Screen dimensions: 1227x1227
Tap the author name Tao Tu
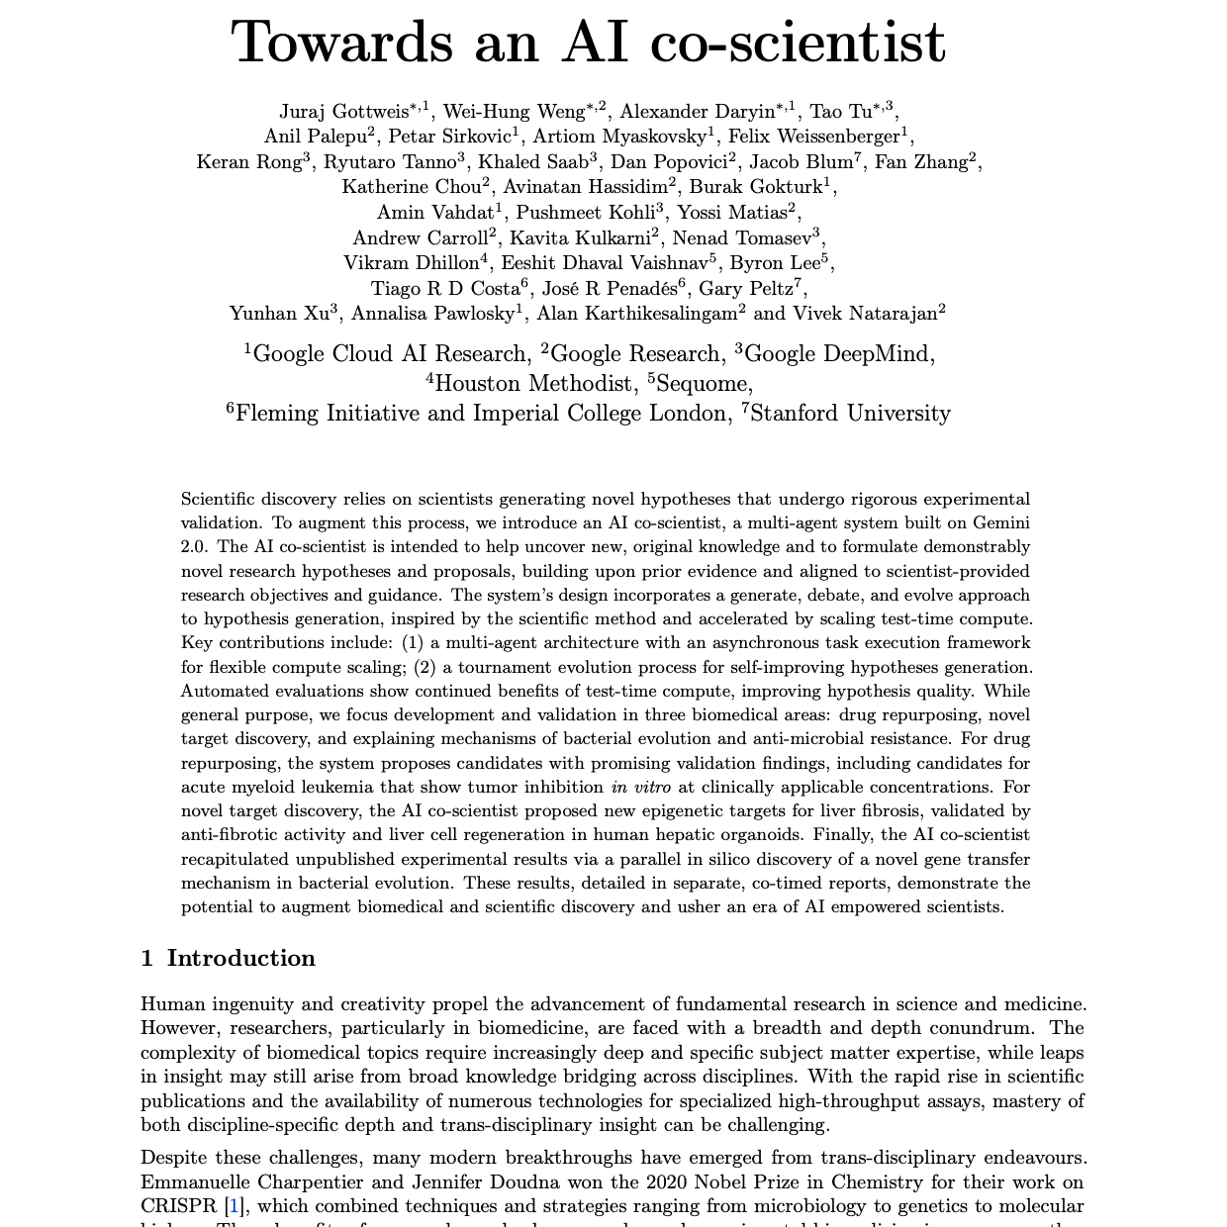[x=839, y=111]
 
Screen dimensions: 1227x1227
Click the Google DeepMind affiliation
[x=842, y=354]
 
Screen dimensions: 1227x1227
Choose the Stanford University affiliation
[x=850, y=414]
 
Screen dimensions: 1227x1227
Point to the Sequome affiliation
[x=703, y=384]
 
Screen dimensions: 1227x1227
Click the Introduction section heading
[x=240, y=958]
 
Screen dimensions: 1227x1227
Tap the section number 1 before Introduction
[x=146, y=958]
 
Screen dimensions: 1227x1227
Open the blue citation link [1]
[x=234, y=1206]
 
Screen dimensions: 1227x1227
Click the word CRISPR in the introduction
[x=181, y=1206]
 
